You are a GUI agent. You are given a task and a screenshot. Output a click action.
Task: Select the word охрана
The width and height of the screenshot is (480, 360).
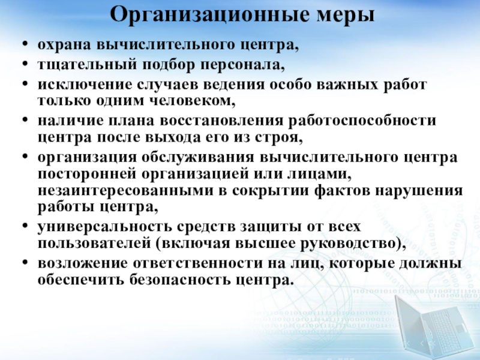64,45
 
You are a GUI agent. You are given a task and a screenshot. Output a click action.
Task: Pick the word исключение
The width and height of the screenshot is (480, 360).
85,84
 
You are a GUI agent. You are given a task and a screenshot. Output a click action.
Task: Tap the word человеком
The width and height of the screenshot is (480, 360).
193,101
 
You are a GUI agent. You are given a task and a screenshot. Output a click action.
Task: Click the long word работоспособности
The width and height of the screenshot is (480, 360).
362,121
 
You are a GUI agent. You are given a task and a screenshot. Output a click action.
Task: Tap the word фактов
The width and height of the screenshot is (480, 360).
342,190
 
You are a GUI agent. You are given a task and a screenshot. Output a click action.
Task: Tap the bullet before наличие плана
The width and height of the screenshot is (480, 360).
25,119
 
